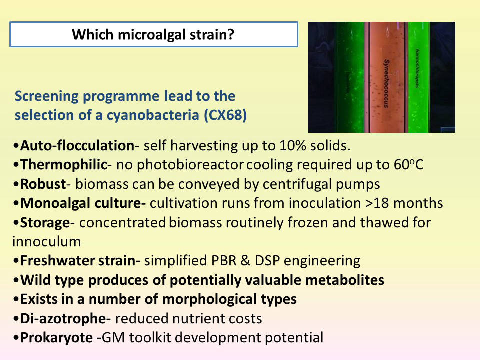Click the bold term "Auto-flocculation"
(x=77, y=145)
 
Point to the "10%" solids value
(x=293, y=145)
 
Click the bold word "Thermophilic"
(x=64, y=164)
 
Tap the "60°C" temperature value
(x=408, y=164)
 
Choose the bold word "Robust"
(x=43, y=184)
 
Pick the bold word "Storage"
(x=45, y=222)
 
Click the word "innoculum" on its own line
(x=47, y=242)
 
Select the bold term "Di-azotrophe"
(x=65, y=318)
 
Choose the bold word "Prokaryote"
(x=56, y=337)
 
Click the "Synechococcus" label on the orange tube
(x=386, y=83)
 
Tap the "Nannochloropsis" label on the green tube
(x=417, y=68)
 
